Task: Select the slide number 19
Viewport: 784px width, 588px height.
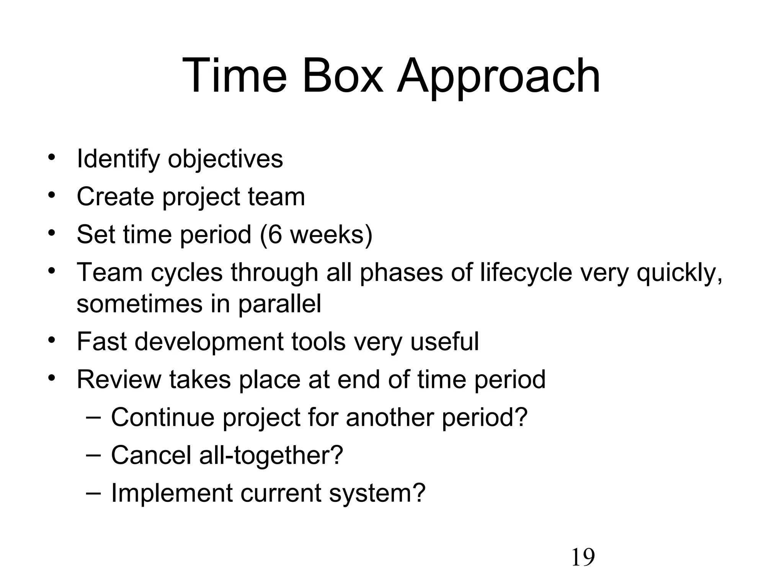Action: pos(583,557)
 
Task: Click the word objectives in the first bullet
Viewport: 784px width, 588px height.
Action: pos(225,160)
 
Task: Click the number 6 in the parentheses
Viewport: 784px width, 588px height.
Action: pos(274,234)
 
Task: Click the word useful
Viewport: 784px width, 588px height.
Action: pos(444,341)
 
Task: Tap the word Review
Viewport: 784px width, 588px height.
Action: pos(119,379)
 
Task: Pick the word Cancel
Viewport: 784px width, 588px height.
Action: pos(151,455)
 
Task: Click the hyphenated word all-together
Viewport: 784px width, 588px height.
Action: pos(271,456)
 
